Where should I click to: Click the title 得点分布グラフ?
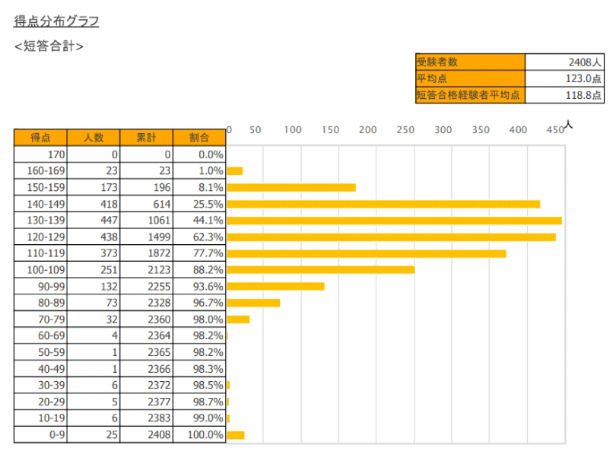[x=56, y=21]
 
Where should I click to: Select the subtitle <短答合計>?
[x=49, y=46]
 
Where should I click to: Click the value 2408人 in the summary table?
[x=585, y=62]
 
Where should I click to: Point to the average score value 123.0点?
[x=585, y=79]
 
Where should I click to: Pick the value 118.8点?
[x=585, y=96]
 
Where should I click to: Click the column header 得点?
[x=40, y=138]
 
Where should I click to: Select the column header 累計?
[x=146, y=138]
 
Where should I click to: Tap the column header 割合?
[x=199, y=138]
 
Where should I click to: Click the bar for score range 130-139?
[x=394, y=221]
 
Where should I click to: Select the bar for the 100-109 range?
[x=320, y=269]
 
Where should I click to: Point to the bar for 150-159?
[x=291, y=187]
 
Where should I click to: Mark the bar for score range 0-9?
[x=236, y=435]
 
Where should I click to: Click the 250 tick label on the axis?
[x=405, y=130]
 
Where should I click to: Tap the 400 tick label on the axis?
[x=518, y=130]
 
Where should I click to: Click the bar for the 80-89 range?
[x=253, y=303]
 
